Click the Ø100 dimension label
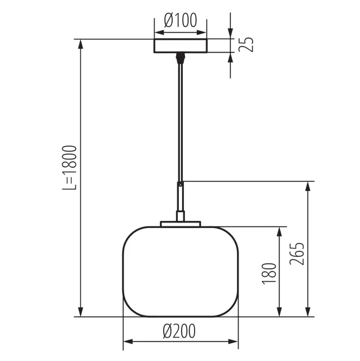pyautogui.click(x=181, y=20)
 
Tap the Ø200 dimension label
pyautogui.click(x=179, y=331)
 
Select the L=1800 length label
pyautogui.click(x=69, y=168)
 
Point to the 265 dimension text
pyautogui.click(x=297, y=254)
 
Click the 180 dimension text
pyautogui.click(x=269, y=274)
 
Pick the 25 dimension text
pyautogui.click(x=246, y=44)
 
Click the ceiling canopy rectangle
pyautogui.click(x=181, y=46)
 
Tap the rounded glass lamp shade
pyautogui.click(x=181, y=271)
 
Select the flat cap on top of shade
pyautogui.click(x=181, y=224)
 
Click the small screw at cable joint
pyautogui.click(x=181, y=184)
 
